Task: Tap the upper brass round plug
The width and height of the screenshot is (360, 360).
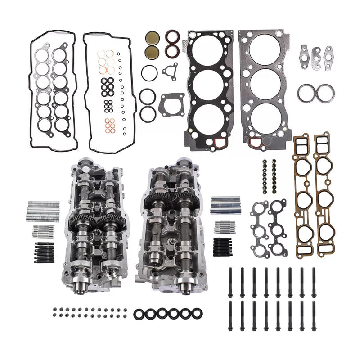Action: (151, 37)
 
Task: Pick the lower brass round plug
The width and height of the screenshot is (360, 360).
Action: (151, 51)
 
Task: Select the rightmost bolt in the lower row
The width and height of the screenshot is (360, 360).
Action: (314, 317)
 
